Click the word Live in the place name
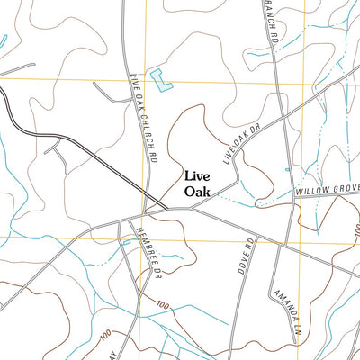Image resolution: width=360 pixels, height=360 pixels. point(199,177)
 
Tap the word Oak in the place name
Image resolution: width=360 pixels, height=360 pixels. point(197,192)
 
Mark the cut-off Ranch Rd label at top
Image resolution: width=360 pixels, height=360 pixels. point(268,22)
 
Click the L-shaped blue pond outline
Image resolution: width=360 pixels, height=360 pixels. point(161,80)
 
